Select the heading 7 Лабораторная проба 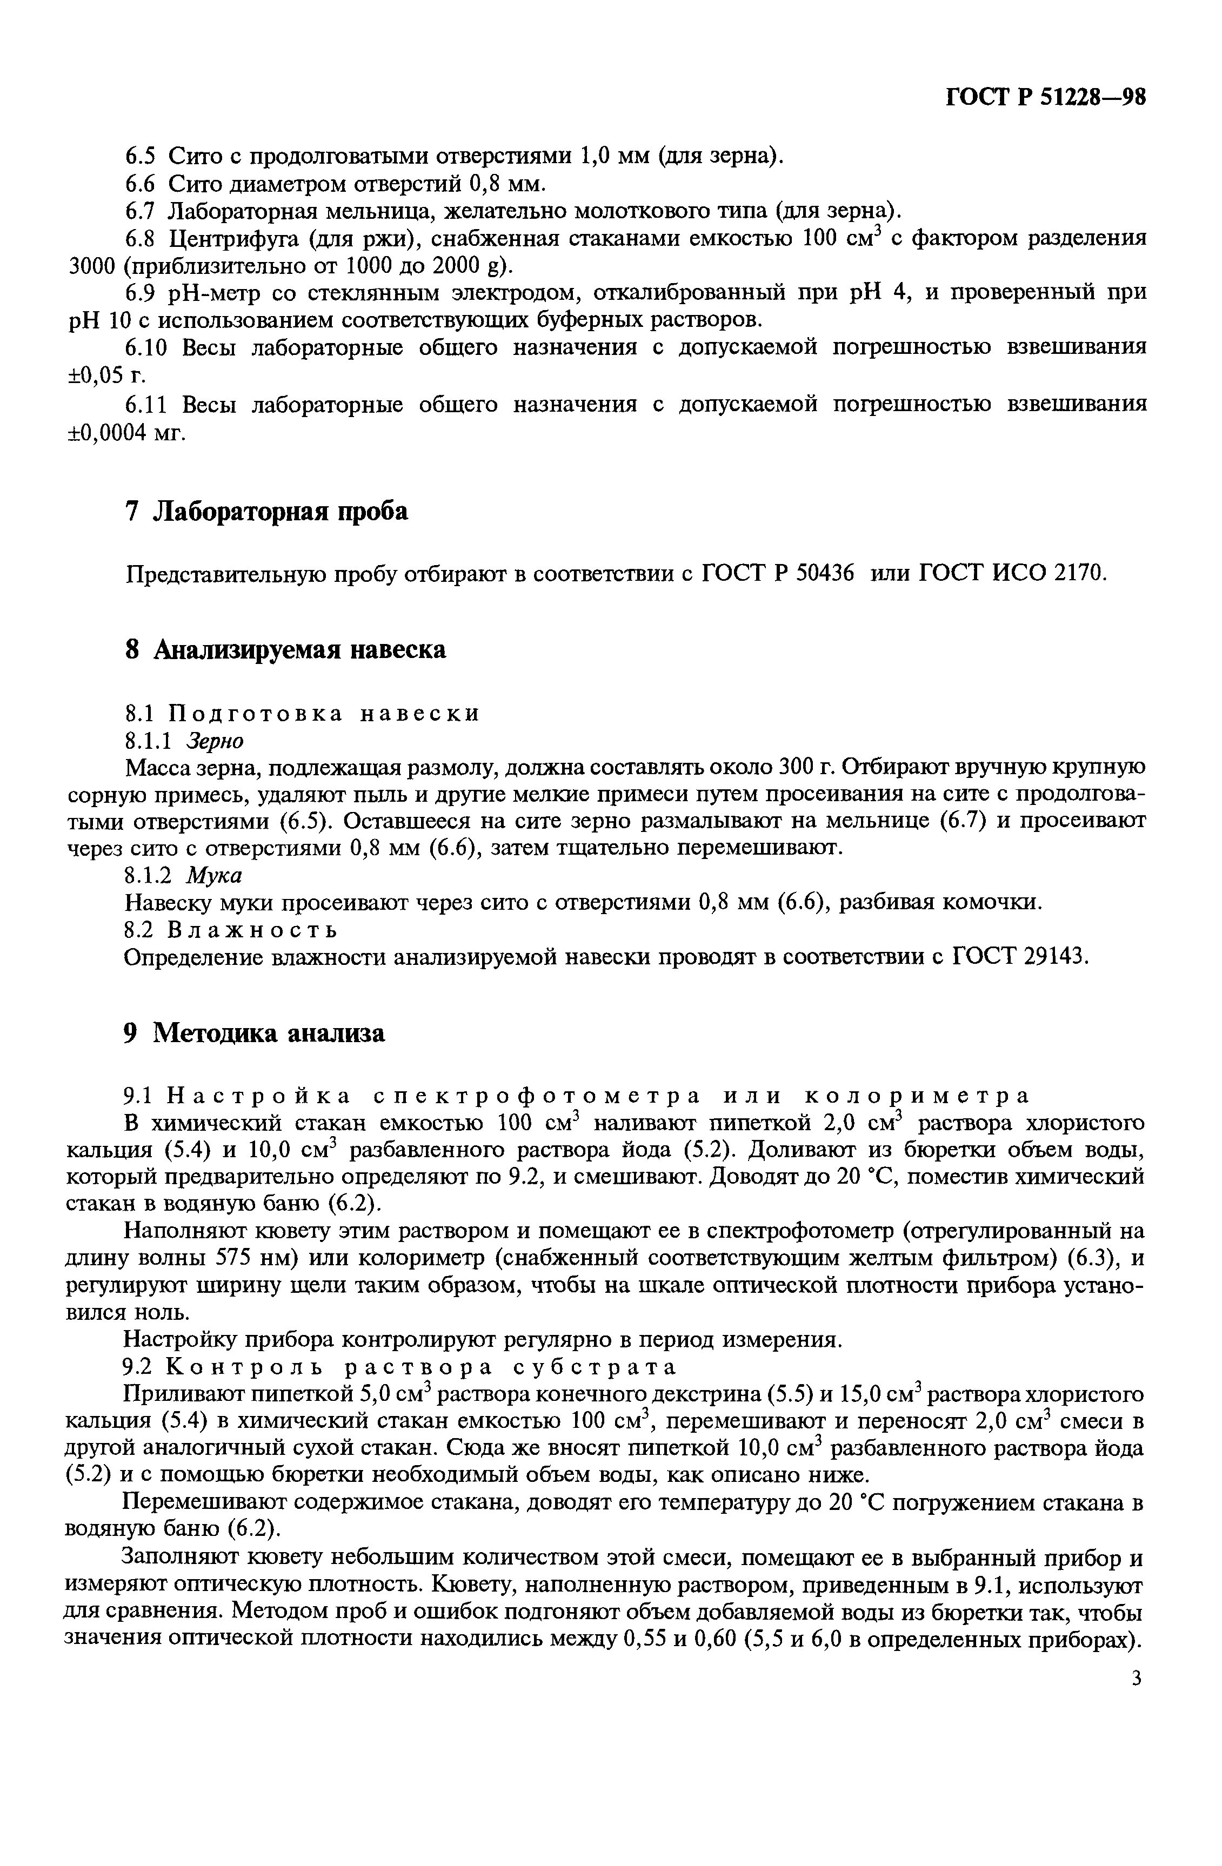tap(266, 511)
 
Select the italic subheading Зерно tap(215, 740)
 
